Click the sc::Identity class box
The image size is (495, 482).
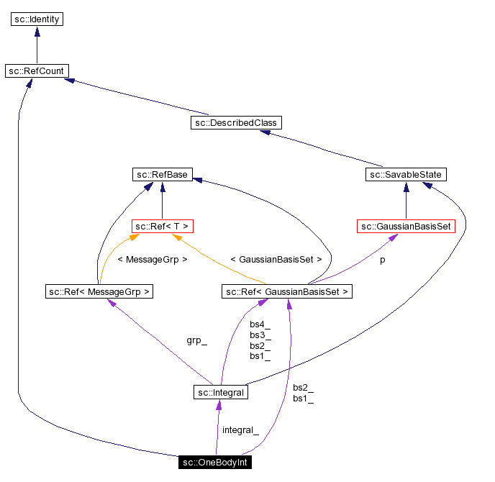coord(37,19)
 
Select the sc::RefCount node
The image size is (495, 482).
coord(37,71)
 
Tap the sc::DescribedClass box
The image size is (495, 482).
coord(235,123)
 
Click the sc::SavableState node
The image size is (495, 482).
coord(406,175)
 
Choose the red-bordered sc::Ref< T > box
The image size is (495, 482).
coord(162,227)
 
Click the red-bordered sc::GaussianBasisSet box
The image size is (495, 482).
coord(407,227)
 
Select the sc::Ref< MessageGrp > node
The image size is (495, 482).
coord(99,291)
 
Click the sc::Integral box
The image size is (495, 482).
coord(221,393)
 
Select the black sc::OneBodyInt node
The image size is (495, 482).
coord(215,462)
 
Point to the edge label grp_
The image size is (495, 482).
coord(196,340)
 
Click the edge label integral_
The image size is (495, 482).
coord(240,429)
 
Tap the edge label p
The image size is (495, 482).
coord(382,260)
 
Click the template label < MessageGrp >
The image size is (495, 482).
coord(152,259)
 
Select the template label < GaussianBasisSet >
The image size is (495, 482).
coord(276,259)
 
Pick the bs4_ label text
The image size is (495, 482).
coord(260,324)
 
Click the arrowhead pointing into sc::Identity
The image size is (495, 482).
coord(37,32)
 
